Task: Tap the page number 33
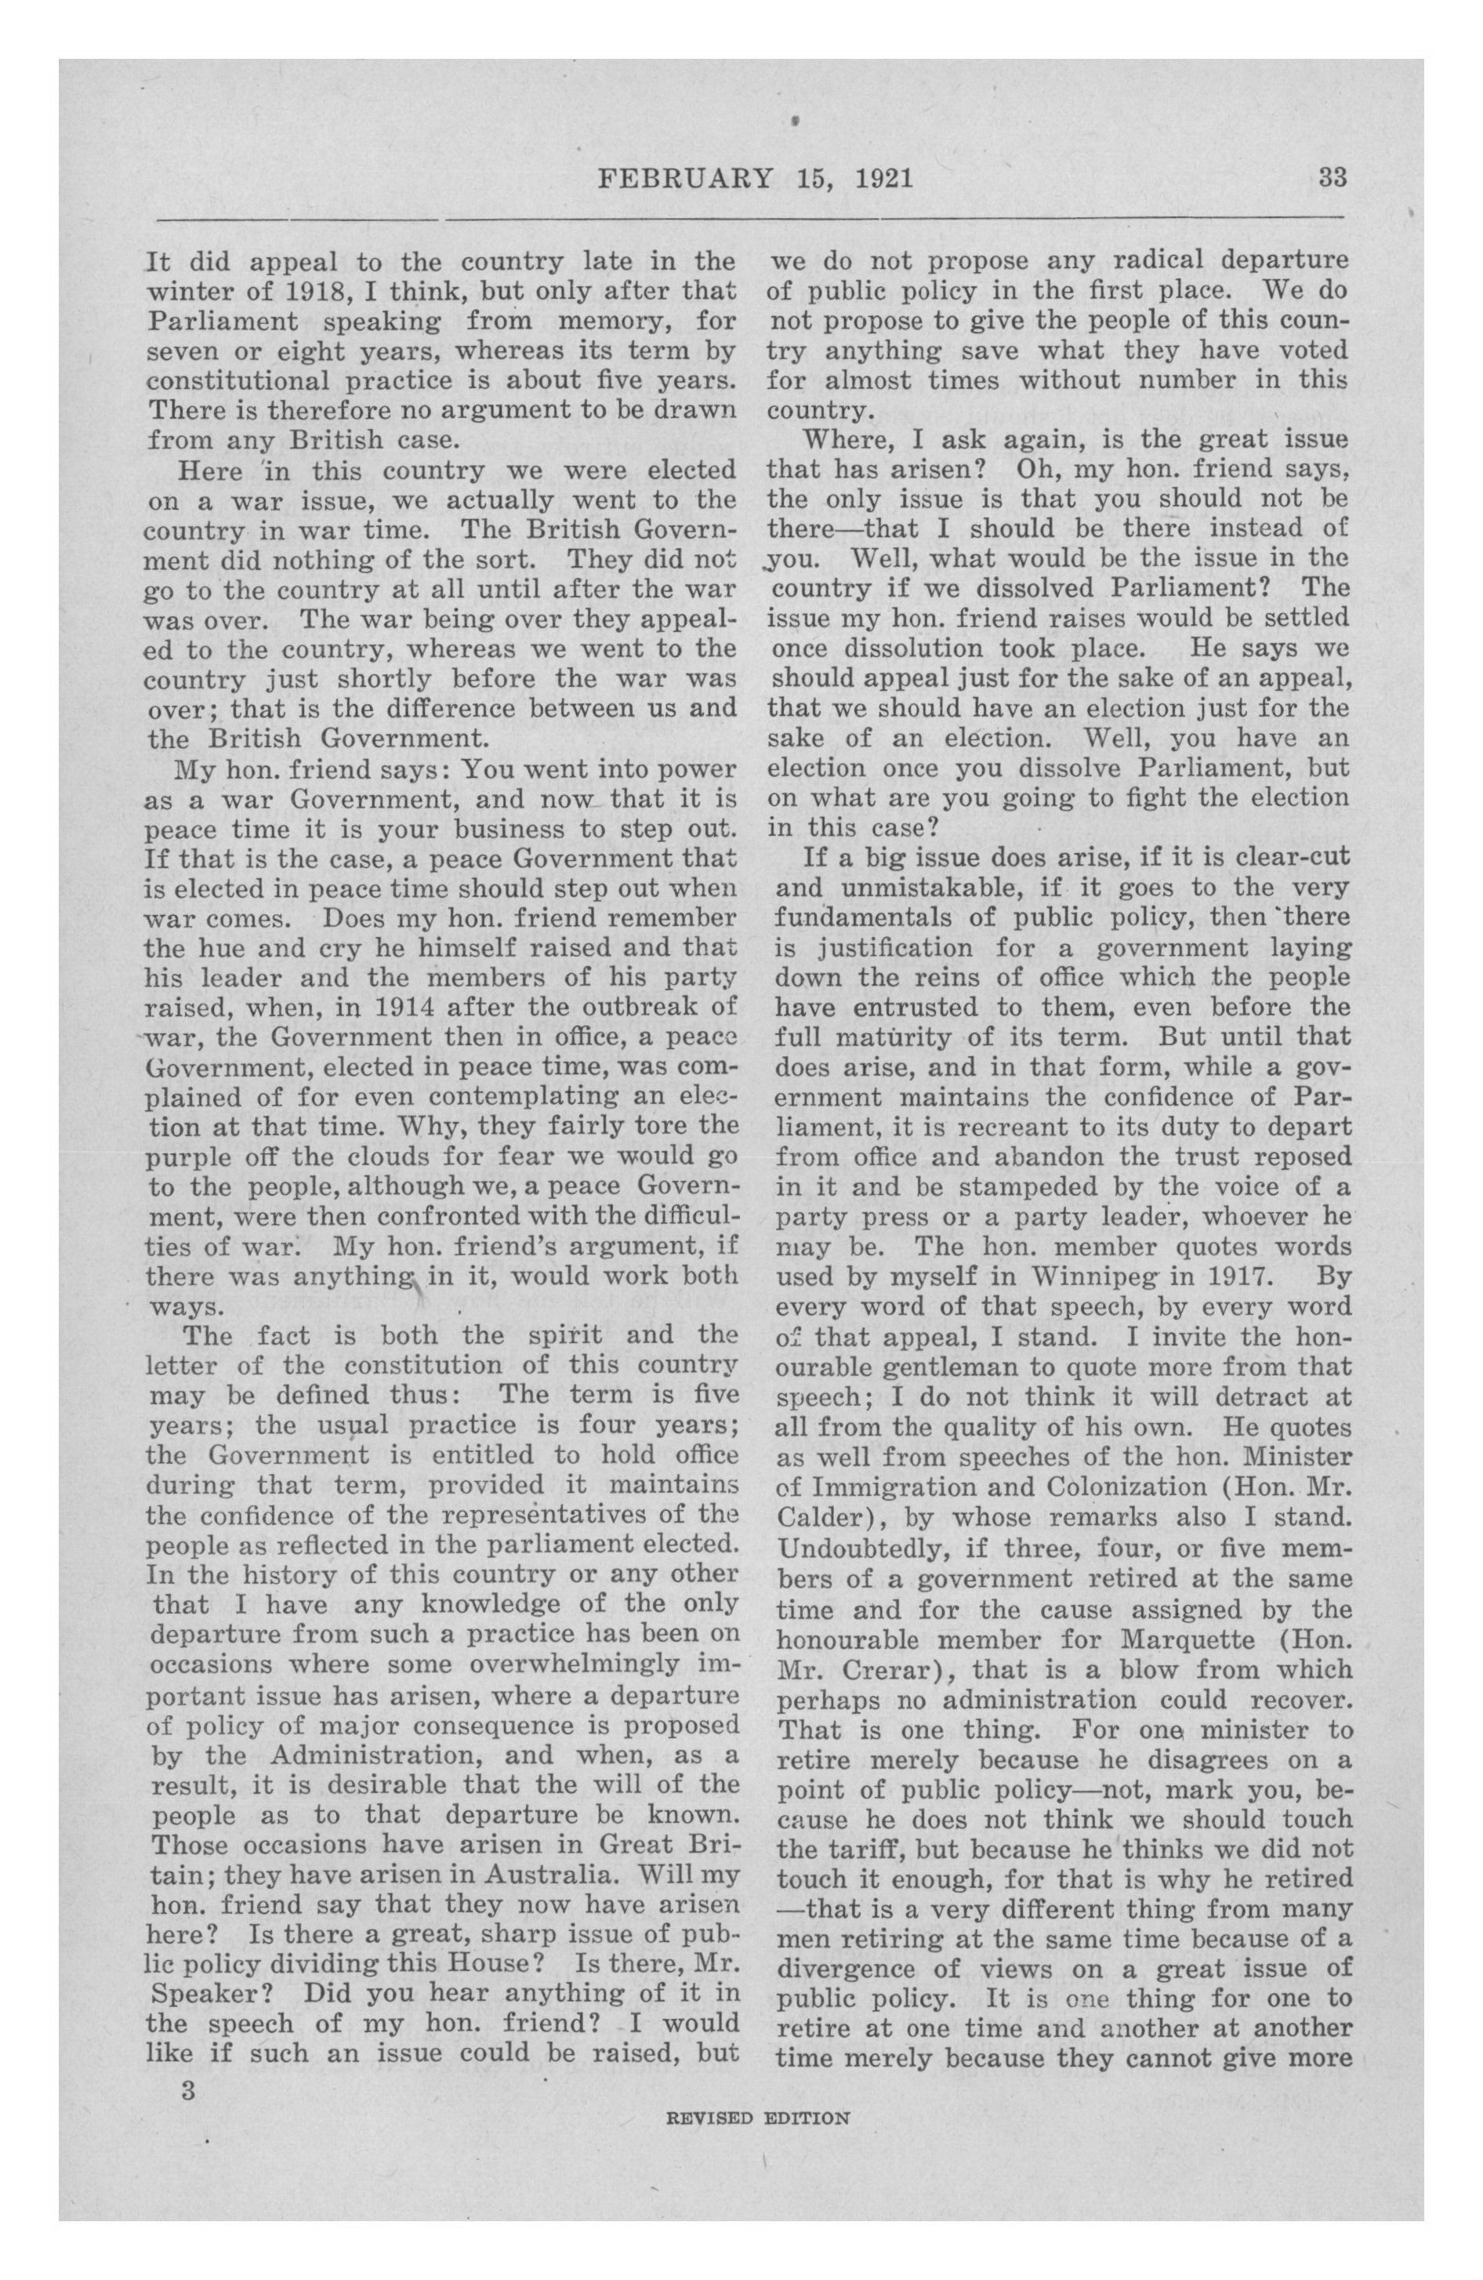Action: (x=1333, y=177)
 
